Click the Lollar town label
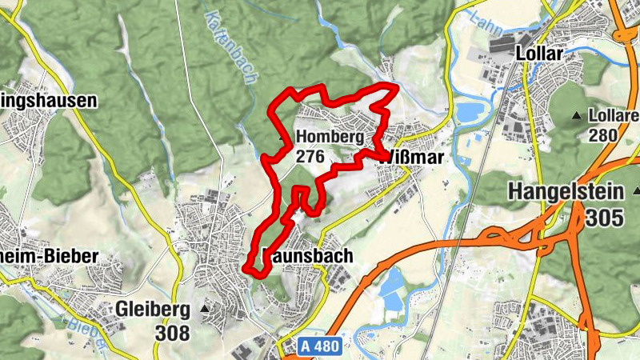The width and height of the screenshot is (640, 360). [542, 54]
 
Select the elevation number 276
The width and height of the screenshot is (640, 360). [310, 156]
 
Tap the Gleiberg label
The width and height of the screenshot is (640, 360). [153, 309]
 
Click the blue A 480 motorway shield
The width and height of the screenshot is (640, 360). [326, 346]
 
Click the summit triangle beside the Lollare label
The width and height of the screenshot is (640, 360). [577, 116]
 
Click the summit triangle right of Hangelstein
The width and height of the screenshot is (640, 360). [636, 191]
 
